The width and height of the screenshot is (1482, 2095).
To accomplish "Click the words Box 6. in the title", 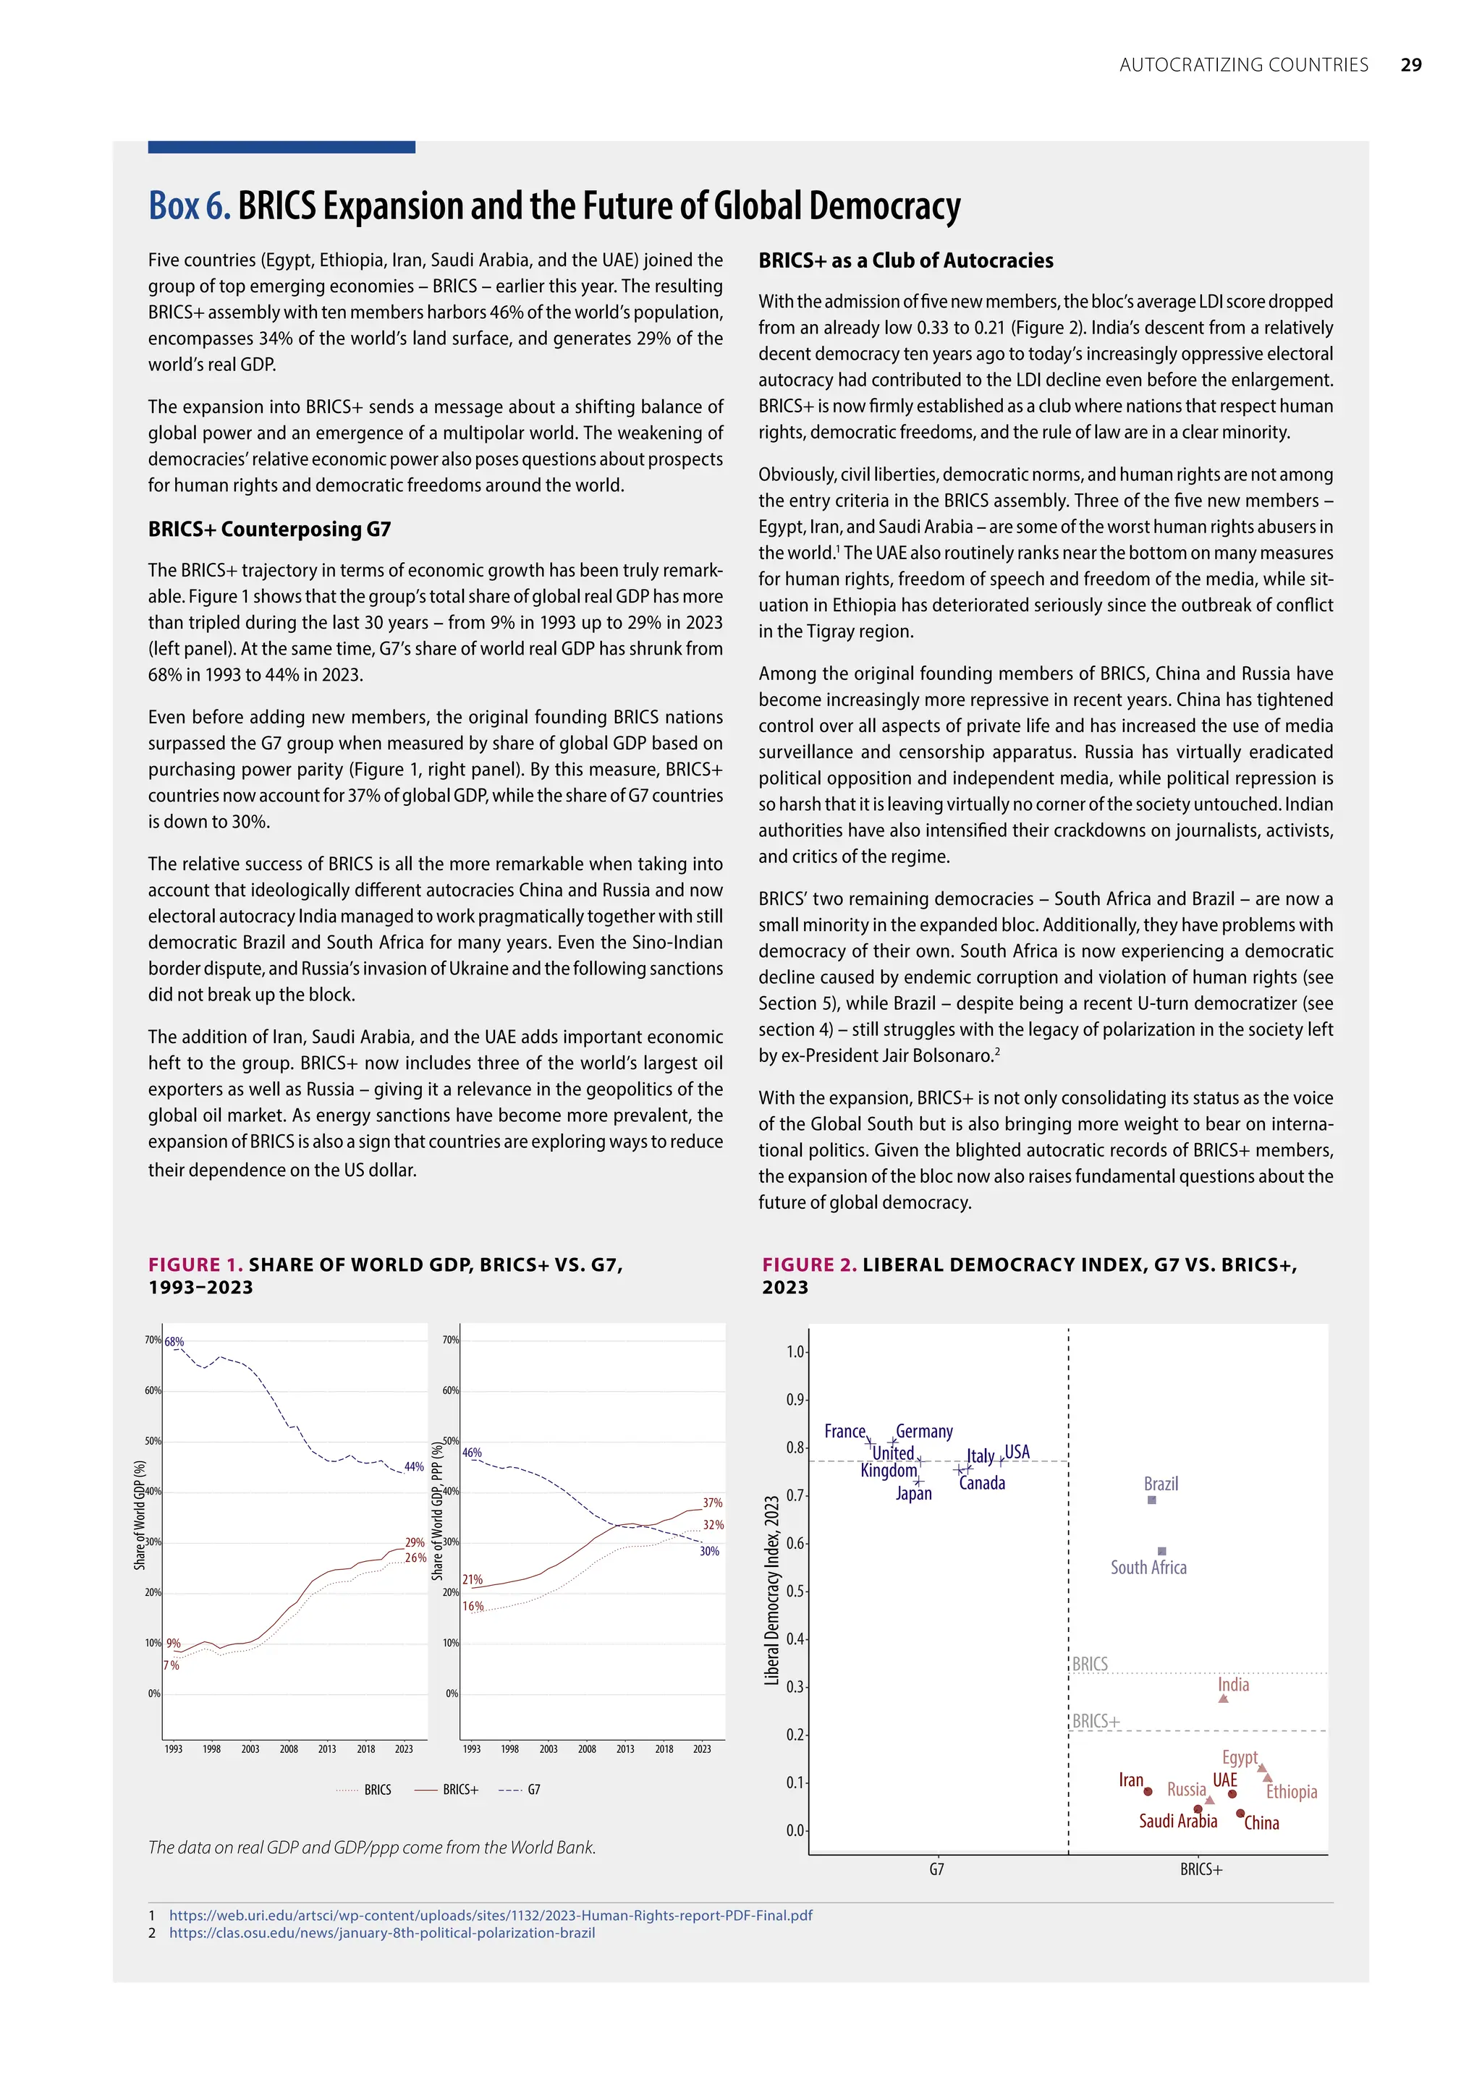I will [x=189, y=207].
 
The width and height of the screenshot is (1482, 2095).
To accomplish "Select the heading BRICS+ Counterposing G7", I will [x=269, y=530].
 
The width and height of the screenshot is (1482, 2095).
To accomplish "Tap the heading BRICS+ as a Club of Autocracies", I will [x=905, y=261].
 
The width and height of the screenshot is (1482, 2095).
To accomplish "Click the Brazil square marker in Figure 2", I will [x=1151, y=1500].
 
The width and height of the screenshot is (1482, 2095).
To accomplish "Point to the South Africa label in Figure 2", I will [x=1148, y=1568].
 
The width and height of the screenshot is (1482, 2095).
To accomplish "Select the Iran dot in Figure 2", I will [x=1148, y=1791].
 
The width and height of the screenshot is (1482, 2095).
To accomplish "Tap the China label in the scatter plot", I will [x=1261, y=1823].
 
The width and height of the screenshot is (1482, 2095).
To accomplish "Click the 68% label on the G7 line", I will [x=174, y=1342].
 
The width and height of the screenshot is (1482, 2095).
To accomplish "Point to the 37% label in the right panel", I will [x=713, y=1503].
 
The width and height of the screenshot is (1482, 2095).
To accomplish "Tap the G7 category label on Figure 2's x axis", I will [x=936, y=1869].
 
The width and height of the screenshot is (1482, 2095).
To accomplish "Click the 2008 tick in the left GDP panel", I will [x=289, y=1749].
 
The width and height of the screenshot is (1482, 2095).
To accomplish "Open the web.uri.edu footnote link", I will [x=490, y=1916].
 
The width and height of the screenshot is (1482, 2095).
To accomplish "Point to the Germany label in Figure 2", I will [x=923, y=1432].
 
